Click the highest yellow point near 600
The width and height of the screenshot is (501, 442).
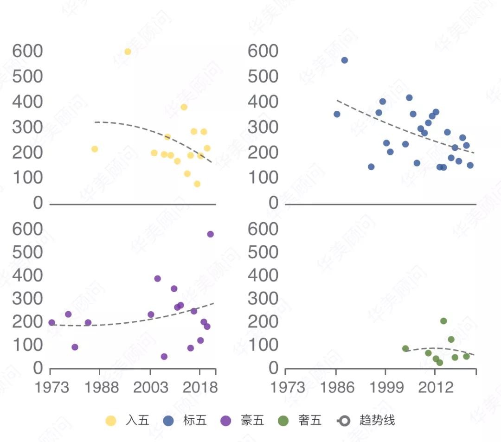128,51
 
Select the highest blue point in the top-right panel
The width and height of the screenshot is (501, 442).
344,60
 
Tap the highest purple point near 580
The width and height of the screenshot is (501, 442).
210,234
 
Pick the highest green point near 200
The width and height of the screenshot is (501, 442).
443,321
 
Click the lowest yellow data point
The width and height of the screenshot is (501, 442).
197,184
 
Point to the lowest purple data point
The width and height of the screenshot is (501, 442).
164,357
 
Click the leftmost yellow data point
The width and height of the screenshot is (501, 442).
95,149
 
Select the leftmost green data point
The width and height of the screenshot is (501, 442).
405,349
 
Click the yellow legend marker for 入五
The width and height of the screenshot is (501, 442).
111,421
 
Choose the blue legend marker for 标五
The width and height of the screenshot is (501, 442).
168,421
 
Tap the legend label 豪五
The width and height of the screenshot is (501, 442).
252,421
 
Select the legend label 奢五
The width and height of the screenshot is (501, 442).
310,421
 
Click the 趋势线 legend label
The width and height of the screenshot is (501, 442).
377,421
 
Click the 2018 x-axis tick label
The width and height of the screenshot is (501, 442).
199,387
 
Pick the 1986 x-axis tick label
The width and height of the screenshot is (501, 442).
336,387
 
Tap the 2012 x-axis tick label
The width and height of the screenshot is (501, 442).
436,387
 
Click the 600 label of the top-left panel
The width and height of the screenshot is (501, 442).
27,51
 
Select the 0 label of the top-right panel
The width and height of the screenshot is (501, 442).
273,203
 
